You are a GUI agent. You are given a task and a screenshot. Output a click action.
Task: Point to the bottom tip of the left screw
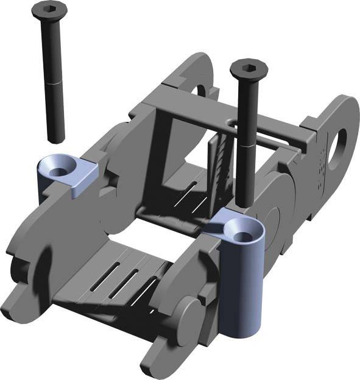(56, 138)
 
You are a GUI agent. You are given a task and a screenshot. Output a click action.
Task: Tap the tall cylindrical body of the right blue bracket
(241, 286)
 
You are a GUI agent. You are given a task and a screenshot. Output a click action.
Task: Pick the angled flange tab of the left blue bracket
(85, 178)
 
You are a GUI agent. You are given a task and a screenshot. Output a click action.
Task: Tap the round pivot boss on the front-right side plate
(189, 317)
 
